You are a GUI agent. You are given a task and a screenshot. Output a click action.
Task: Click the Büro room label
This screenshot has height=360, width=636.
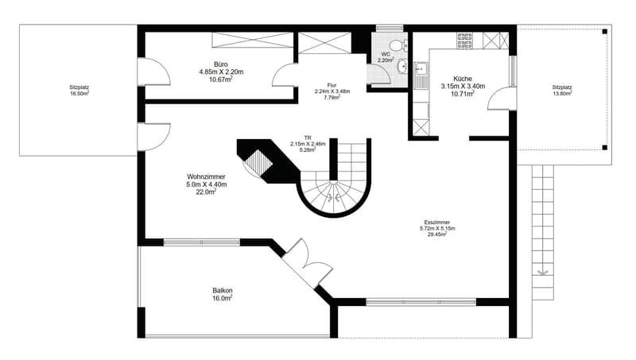[x=221, y=64]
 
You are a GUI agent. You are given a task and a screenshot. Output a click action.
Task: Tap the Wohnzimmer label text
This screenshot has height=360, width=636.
[x=206, y=176]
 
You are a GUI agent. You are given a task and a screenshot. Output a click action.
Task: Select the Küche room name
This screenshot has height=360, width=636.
[x=463, y=79]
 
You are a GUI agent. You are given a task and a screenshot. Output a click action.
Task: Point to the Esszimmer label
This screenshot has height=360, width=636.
[x=436, y=223]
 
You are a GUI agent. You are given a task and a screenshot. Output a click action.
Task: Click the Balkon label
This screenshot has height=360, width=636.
[x=223, y=291]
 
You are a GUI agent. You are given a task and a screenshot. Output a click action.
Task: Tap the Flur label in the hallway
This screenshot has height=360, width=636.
[x=332, y=85]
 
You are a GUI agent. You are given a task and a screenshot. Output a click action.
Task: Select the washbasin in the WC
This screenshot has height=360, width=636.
[x=402, y=67]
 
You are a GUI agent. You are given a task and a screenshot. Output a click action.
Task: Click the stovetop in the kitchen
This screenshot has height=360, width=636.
[x=465, y=41]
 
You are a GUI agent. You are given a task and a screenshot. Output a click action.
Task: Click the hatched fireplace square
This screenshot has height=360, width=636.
[x=258, y=162]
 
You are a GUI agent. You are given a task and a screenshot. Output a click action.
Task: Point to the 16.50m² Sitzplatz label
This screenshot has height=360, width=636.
[x=79, y=91]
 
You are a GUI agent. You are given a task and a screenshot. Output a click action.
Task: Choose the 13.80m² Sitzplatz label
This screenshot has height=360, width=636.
[x=562, y=91]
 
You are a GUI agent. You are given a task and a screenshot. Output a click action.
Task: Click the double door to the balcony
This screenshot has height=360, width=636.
[x=307, y=265]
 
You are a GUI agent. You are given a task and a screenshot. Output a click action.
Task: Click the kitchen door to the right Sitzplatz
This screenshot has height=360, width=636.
[x=502, y=99]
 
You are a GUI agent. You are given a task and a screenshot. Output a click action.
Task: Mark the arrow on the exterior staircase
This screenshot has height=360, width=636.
[x=542, y=272]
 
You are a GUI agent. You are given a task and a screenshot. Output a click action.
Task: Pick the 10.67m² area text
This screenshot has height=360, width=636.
[x=221, y=79]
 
